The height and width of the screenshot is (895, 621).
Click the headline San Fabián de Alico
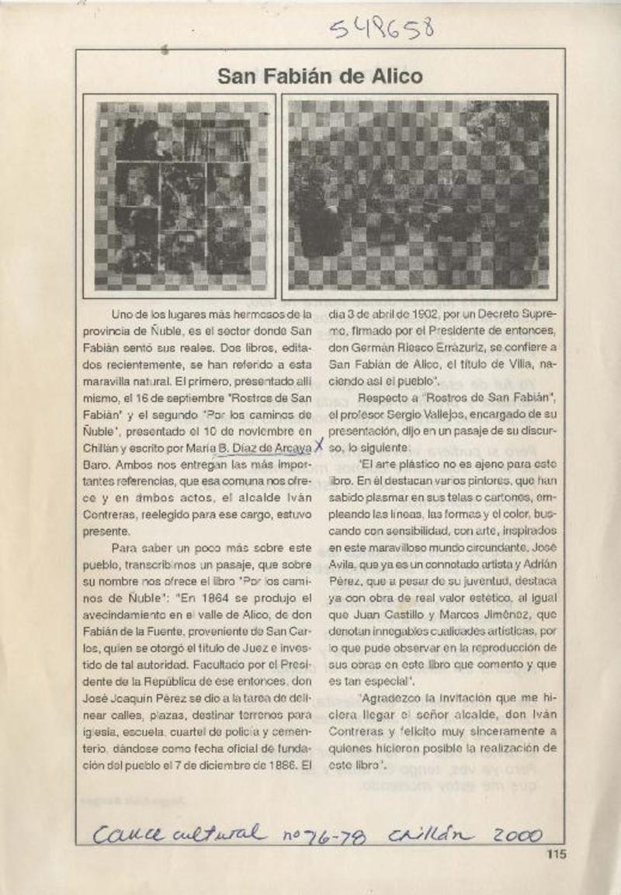[320, 76]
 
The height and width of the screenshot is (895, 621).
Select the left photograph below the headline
[184, 196]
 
